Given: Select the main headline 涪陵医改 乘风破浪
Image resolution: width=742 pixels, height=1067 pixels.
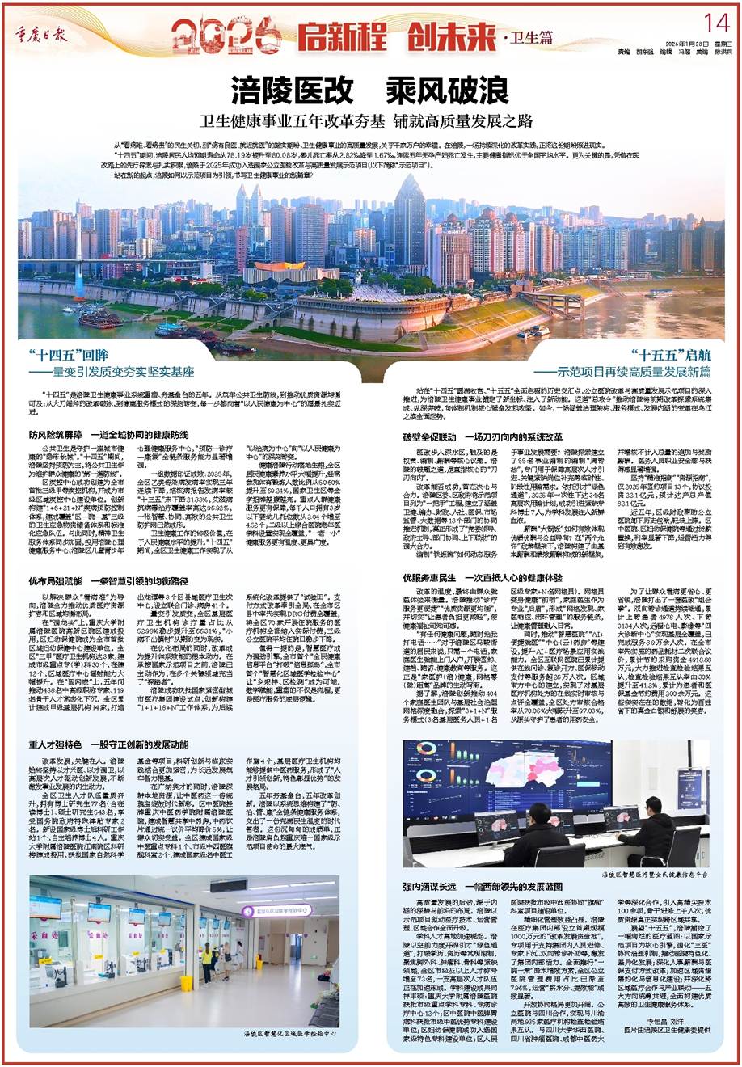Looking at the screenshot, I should pos(369,86).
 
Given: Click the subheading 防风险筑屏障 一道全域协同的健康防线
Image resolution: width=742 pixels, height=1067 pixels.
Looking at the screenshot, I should pos(108,434).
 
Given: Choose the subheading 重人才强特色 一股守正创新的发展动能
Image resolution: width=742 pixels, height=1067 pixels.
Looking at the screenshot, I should pos(108,744).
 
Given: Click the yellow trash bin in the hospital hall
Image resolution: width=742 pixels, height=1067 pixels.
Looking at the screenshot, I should pos(187,983).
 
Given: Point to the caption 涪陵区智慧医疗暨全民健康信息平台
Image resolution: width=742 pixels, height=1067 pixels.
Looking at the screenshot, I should pos(655,874).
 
